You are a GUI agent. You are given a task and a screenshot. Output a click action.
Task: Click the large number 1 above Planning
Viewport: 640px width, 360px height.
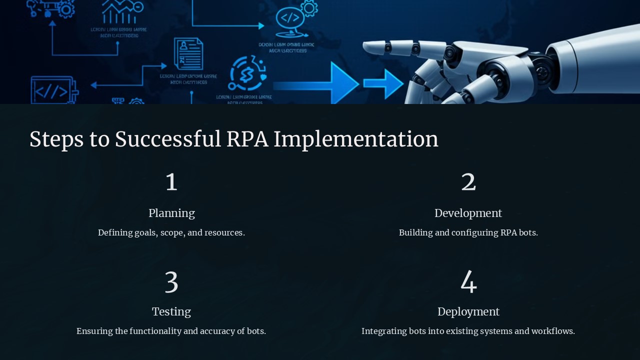click(x=171, y=182)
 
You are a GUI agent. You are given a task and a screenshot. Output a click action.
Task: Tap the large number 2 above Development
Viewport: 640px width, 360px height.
click(x=468, y=182)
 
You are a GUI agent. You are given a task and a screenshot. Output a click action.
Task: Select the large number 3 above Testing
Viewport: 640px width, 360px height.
click(x=171, y=282)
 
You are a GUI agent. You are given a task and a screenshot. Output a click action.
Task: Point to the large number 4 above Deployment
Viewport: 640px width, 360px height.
click(x=468, y=282)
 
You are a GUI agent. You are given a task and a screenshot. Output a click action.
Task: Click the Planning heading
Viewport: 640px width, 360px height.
click(x=171, y=213)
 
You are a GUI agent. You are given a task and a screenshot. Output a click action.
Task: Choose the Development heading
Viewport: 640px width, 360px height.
click(x=468, y=213)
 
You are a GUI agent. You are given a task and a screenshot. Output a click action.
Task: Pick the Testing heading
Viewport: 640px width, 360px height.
click(x=171, y=311)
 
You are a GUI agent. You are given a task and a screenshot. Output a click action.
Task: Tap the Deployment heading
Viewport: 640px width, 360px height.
click(x=468, y=311)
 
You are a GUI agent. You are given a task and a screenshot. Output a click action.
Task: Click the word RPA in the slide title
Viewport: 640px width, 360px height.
click(x=247, y=139)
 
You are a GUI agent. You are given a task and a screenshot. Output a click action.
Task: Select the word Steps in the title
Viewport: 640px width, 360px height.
click(x=56, y=139)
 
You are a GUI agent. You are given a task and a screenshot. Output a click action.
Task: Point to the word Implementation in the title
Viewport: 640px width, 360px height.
click(x=355, y=139)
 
